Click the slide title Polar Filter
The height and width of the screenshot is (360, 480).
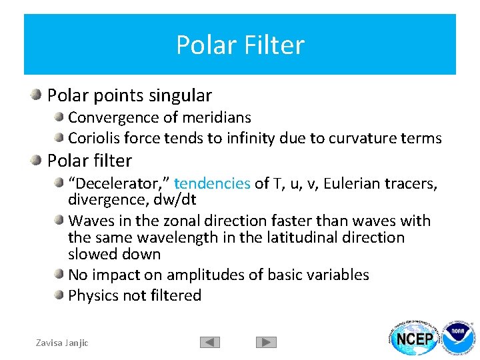pos(240,45)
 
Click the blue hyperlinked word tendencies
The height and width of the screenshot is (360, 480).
pos(212,183)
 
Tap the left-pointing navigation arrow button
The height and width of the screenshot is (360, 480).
pos(210,342)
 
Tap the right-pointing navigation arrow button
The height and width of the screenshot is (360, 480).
pos(266,342)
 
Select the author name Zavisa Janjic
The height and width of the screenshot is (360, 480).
pos(61,343)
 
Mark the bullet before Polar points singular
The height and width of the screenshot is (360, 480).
pos(36,95)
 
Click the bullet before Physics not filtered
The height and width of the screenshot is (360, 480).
pos(60,295)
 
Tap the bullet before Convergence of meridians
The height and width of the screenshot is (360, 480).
pos(60,117)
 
